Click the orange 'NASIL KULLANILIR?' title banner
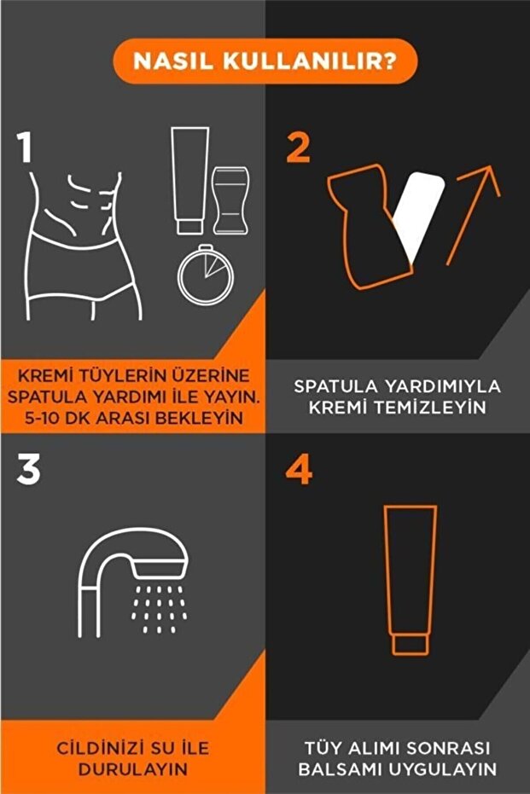tap(265, 62)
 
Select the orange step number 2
tap(298, 147)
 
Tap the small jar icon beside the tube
tap(230, 201)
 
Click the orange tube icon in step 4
tap(409, 580)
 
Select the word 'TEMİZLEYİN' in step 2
tap(396, 408)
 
